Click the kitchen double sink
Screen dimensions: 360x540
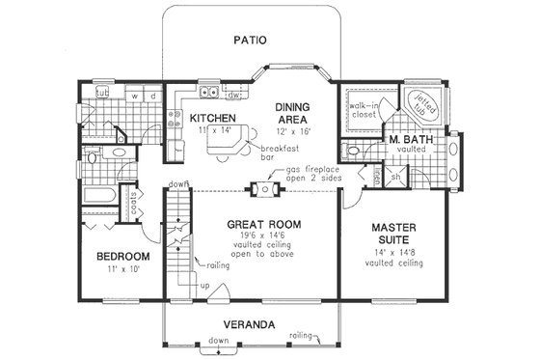[206, 94]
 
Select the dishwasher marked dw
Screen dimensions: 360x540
[232, 96]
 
